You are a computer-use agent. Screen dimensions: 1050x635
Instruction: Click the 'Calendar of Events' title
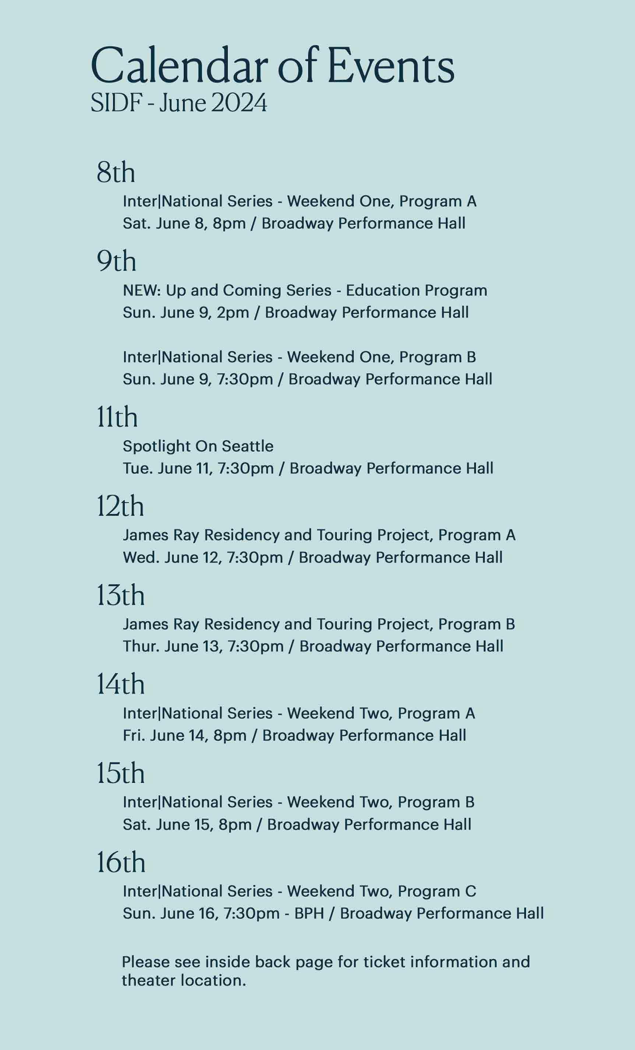pyautogui.click(x=272, y=66)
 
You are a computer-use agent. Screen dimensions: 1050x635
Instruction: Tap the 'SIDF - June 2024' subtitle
pyautogui.click(x=179, y=103)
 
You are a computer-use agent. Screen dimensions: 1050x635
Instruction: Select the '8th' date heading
pyautogui.click(x=116, y=172)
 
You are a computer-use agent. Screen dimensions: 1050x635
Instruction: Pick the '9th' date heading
pyautogui.click(x=116, y=261)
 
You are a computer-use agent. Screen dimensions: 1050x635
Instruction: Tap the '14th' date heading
pyautogui.click(x=120, y=685)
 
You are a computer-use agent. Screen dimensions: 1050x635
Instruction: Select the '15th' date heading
pyautogui.click(x=120, y=773)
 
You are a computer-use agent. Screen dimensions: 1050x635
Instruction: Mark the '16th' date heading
pyautogui.click(x=121, y=862)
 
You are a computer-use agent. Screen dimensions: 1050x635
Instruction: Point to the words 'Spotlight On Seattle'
pyautogui.click(x=198, y=446)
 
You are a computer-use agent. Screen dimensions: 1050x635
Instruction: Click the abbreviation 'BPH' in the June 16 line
pyautogui.click(x=309, y=914)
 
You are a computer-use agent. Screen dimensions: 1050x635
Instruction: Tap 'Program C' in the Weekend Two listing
pyautogui.click(x=437, y=892)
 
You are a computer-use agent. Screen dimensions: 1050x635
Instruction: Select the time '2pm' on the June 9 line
pyautogui.click(x=233, y=313)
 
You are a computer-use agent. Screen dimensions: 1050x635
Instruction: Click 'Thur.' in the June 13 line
pyautogui.click(x=141, y=647)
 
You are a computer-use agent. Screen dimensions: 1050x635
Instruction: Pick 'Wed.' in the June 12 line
pyautogui.click(x=141, y=557)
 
